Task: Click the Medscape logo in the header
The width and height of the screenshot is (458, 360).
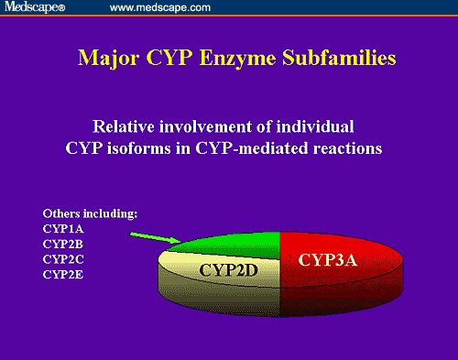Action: tap(36, 8)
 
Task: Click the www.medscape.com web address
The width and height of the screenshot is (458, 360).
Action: tap(159, 8)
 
